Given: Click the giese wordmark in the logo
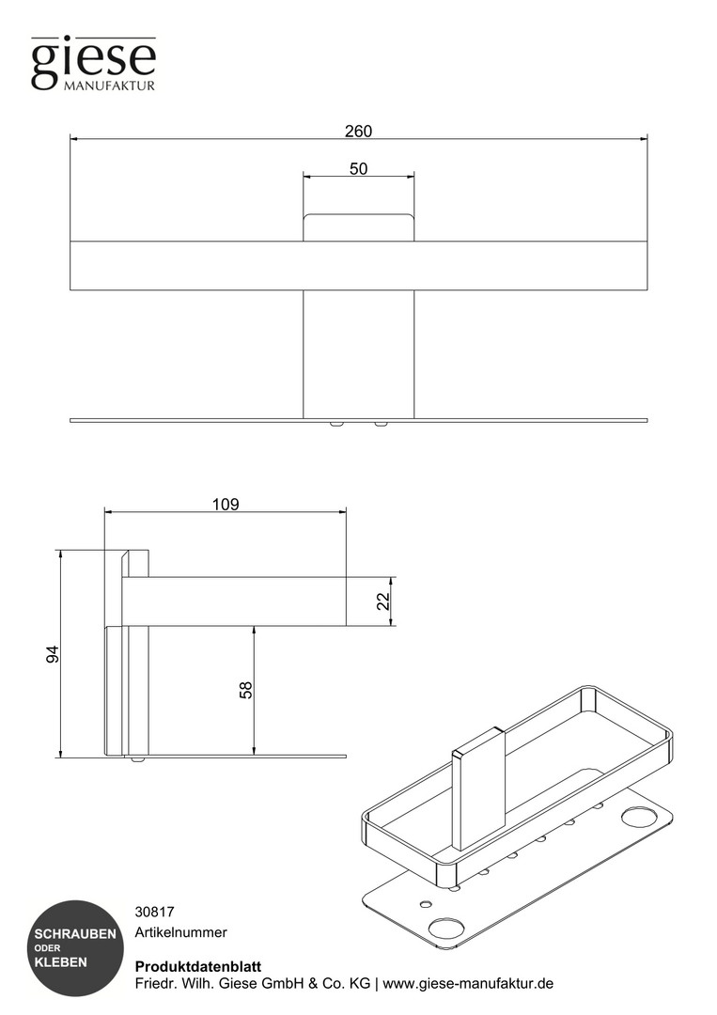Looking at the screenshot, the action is (94, 63).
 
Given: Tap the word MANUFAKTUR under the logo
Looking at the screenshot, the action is (109, 86).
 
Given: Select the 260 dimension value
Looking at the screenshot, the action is (358, 132).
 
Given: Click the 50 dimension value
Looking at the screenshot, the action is (359, 168).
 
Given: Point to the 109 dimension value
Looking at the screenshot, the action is (226, 504).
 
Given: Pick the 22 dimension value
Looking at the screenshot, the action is (383, 601).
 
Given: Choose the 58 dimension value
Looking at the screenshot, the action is (246, 690).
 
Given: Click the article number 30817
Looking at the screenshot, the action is (155, 912).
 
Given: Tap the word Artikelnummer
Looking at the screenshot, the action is (181, 932).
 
